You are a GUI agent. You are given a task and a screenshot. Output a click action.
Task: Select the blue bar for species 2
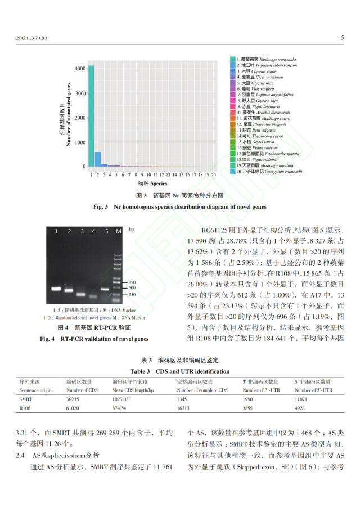click(x=98, y=159)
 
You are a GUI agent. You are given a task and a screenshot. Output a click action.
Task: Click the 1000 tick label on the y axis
click(x=79, y=142)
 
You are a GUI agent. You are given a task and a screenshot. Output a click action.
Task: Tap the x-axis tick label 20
click(x=214, y=175)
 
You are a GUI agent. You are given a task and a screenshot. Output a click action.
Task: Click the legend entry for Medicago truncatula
click(x=267, y=59)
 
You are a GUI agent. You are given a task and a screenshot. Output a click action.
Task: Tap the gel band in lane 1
click(x=56, y=289)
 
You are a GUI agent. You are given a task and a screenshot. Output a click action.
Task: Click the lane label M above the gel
click(x=118, y=231)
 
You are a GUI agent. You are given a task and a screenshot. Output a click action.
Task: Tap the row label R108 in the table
click(x=25, y=408)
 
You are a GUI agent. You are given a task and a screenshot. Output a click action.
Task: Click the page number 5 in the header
click(x=342, y=38)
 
